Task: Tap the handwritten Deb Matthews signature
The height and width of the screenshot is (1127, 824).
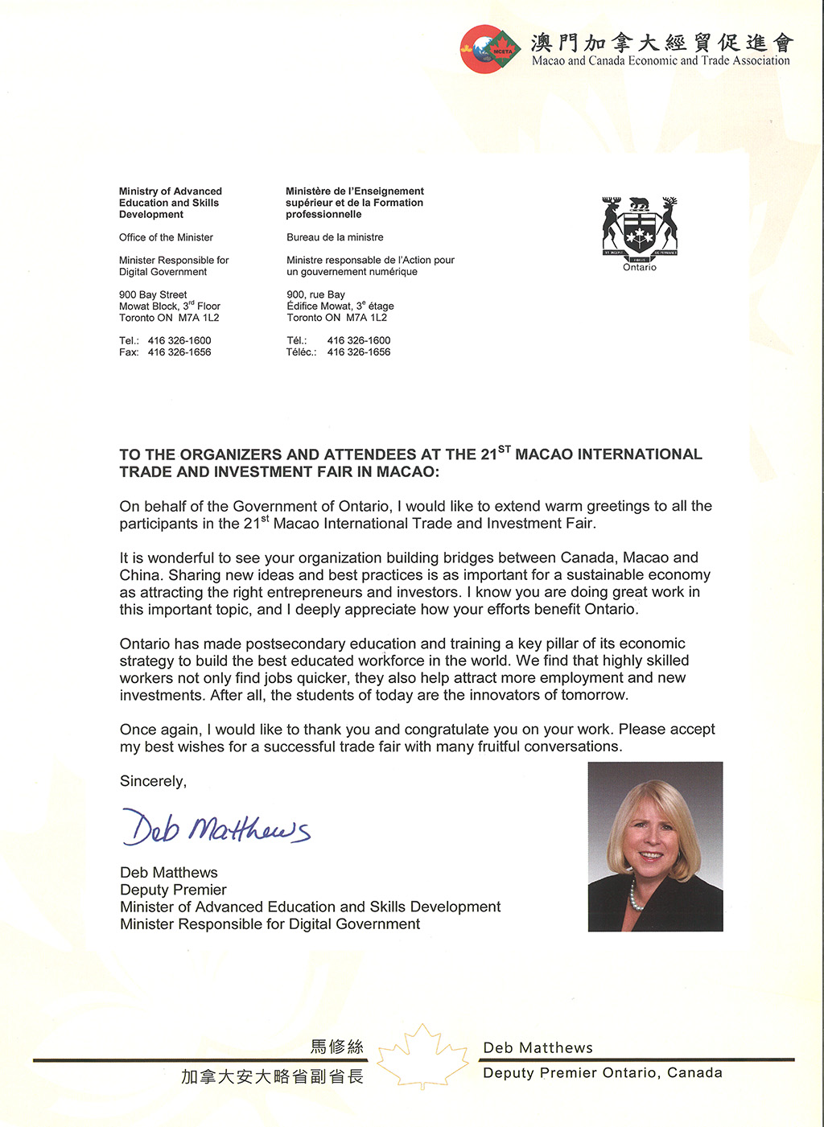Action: pos(216,826)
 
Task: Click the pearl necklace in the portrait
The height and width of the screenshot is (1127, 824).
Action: pos(636,893)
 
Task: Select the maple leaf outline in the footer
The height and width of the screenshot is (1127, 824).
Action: pos(422,1056)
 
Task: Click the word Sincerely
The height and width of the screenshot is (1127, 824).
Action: pos(153,781)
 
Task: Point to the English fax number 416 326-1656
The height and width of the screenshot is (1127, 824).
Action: pos(179,352)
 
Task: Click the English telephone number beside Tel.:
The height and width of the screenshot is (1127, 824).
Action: pos(179,340)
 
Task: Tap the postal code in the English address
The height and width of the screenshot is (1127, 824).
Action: pos(199,318)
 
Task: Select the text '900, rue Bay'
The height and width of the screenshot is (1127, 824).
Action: pos(315,294)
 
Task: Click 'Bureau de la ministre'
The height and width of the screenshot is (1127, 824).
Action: pos(335,237)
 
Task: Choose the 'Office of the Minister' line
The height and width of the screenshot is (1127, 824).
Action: pos(166,237)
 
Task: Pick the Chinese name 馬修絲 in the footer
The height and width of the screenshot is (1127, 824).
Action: pos(337,1047)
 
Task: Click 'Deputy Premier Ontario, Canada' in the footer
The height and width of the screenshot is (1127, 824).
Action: pos(602,1073)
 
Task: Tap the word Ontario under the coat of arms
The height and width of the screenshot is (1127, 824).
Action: pos(640,268)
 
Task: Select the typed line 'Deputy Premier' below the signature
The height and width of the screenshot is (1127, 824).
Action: pos(173,890)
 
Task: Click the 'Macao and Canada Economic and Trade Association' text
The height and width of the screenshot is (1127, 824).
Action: pos(661,61)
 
